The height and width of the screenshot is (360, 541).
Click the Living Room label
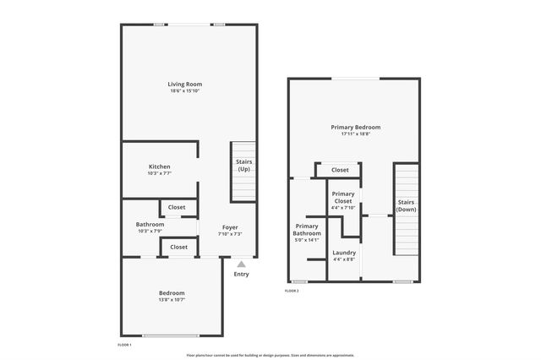pos(184,84)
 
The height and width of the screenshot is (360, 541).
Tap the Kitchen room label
pos(160,166)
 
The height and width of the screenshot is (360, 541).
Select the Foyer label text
pos(230,227)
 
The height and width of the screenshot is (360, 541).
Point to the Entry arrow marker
pos(241,265)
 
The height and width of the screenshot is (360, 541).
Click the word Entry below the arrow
pos(241,274)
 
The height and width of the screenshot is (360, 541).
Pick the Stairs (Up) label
pos(243,165)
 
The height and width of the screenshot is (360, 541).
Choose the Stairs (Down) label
pos(406,205)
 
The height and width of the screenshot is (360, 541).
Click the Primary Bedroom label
pos(355,127)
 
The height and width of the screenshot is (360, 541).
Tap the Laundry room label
pos(344,253)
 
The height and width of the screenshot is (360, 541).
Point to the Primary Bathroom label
pos(307,229)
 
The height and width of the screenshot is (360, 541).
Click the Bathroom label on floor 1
pos(150,224)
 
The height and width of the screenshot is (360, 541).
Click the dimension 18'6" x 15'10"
pos(184,90)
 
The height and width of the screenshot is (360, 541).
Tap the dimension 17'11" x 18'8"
pos(355,134)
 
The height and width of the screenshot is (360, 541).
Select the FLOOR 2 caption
pos(292,291)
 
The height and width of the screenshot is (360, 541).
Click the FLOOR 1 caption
pos(124,345)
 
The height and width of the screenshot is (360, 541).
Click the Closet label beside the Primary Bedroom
pos(340,170)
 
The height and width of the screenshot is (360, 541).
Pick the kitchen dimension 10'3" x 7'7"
pos(160,173)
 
